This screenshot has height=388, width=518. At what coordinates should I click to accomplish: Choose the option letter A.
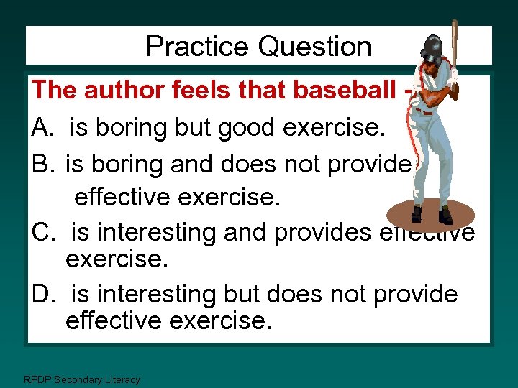42,129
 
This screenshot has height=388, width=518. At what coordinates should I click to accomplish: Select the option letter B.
42,165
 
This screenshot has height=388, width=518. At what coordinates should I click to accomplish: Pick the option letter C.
42,232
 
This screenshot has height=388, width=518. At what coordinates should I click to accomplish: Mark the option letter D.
42,294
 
